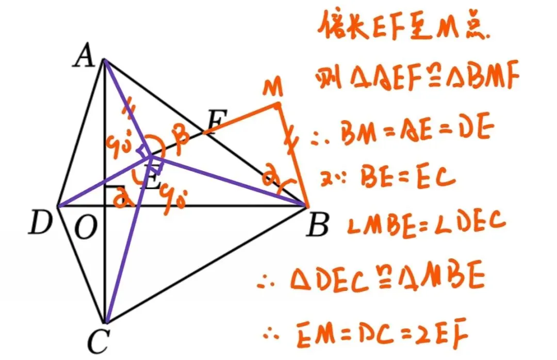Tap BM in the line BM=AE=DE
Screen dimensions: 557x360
358,135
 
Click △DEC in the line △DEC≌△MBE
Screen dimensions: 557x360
323,279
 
